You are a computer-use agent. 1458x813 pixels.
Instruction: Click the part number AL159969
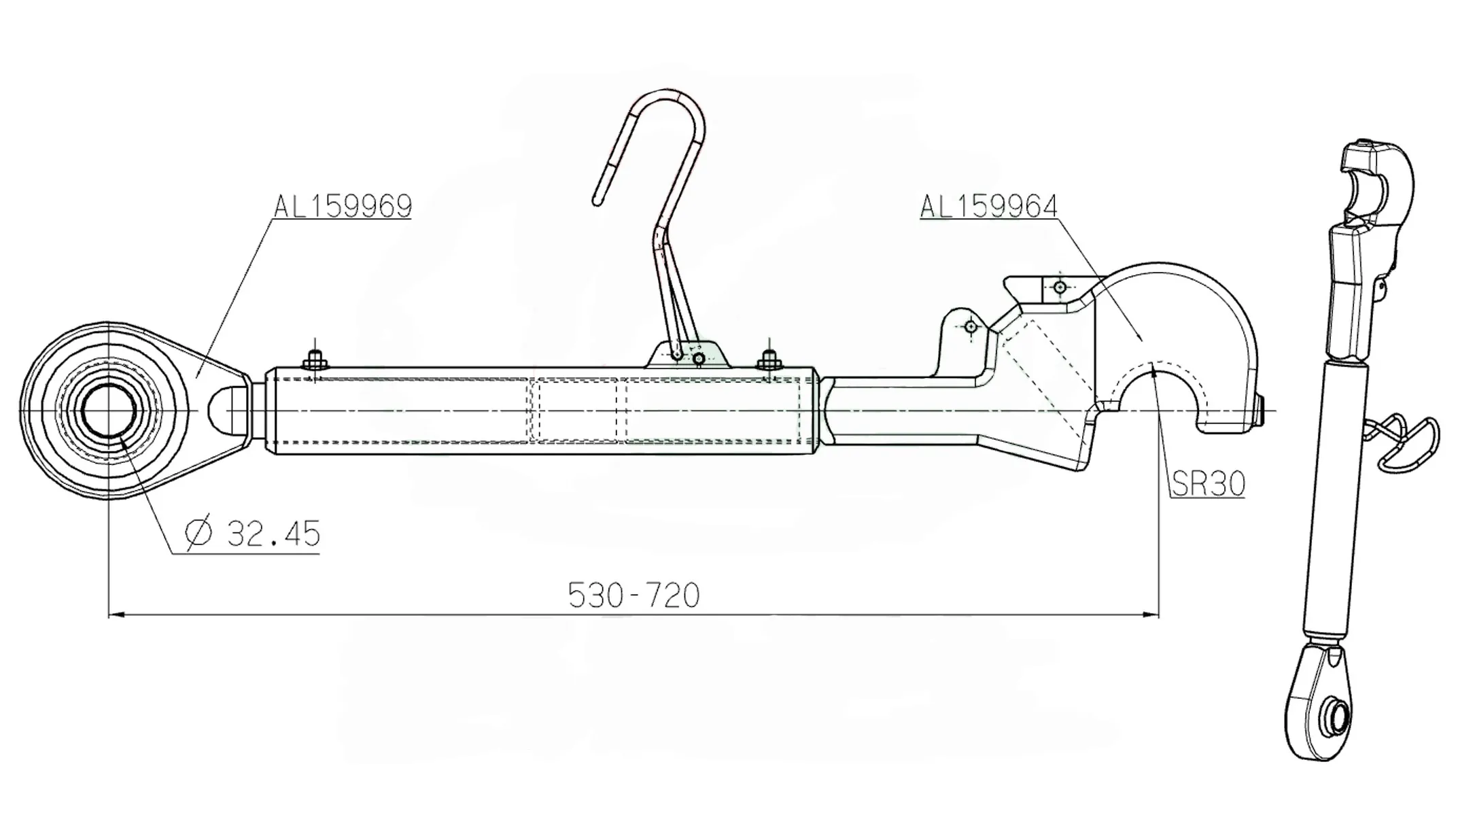(343, 205)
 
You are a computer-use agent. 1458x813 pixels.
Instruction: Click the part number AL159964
(989, 205)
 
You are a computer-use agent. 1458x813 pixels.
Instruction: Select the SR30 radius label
(1208, 484)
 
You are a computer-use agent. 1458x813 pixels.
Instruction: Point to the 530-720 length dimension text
(633, 595)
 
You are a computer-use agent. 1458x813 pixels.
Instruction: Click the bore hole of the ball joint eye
(109, 411)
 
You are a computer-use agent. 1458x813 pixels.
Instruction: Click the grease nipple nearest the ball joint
(315, 358)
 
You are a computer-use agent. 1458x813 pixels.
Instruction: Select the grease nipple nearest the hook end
(769, 358)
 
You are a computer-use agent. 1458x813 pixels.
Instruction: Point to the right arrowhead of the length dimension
(1153, 615)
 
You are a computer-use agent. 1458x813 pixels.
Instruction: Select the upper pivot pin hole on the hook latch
(1060, 288)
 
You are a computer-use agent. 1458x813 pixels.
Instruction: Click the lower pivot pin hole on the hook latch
(971, 327)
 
